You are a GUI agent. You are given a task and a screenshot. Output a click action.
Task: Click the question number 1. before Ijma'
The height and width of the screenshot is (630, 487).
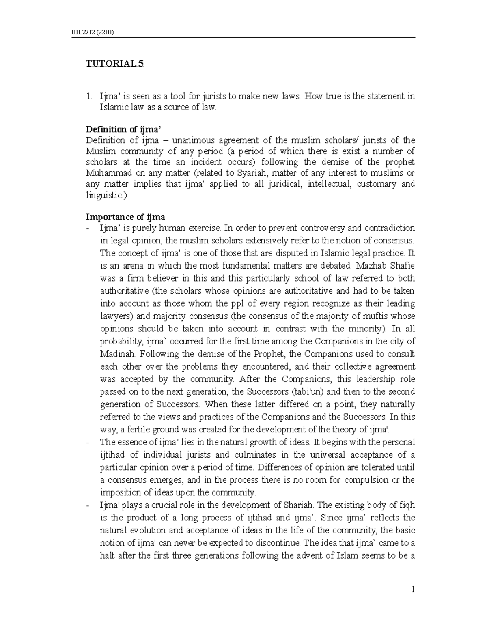(x=89, y=97)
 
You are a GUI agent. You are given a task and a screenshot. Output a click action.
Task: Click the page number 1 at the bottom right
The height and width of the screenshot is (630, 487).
(x=413, y=590)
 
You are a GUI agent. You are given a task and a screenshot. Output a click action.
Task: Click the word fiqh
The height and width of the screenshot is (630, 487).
(x=407, y=505)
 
